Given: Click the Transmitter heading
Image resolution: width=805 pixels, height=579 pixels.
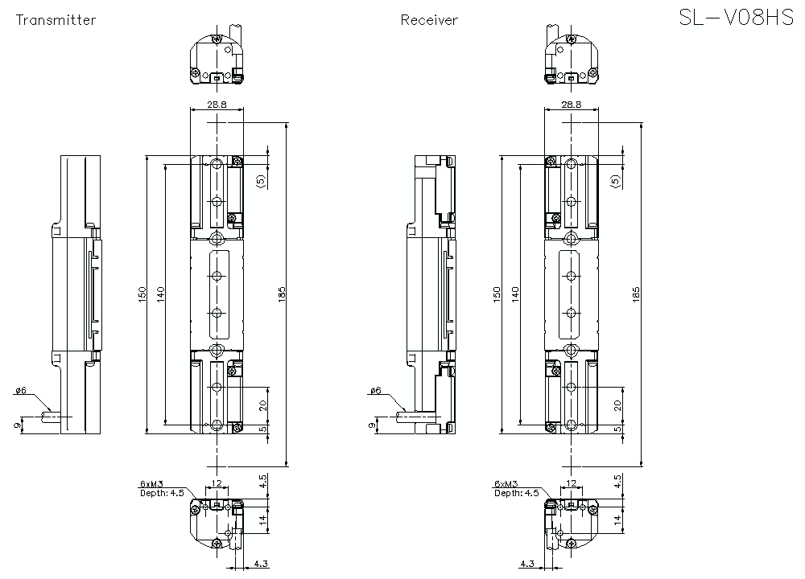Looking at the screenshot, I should pos(56,20).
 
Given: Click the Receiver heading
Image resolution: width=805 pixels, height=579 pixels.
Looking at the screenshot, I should pos(429,20).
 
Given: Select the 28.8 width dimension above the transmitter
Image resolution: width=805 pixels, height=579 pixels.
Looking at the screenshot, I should pos(217,105).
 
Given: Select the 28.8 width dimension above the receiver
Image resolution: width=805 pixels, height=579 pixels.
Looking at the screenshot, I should pos(571,105).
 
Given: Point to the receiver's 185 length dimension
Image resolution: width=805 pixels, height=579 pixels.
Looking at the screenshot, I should pos(636,294).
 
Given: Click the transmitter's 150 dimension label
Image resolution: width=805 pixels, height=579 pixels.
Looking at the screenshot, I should pos(141,294).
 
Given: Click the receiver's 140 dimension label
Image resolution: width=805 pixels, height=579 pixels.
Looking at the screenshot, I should pos(514,294).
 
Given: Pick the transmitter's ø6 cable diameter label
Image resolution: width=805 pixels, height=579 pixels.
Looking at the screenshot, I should pos(20,391).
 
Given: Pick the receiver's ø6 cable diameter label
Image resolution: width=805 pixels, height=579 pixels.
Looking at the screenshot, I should pos(375,391).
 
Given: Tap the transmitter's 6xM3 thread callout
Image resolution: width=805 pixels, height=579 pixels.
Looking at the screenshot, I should pos(151,484).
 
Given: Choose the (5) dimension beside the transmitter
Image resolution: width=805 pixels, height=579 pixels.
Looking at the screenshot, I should pos(260,181).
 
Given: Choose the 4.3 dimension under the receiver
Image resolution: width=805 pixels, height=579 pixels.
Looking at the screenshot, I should pos(527,565).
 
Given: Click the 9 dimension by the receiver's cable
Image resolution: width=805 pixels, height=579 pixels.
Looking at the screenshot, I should pos(371,424).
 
